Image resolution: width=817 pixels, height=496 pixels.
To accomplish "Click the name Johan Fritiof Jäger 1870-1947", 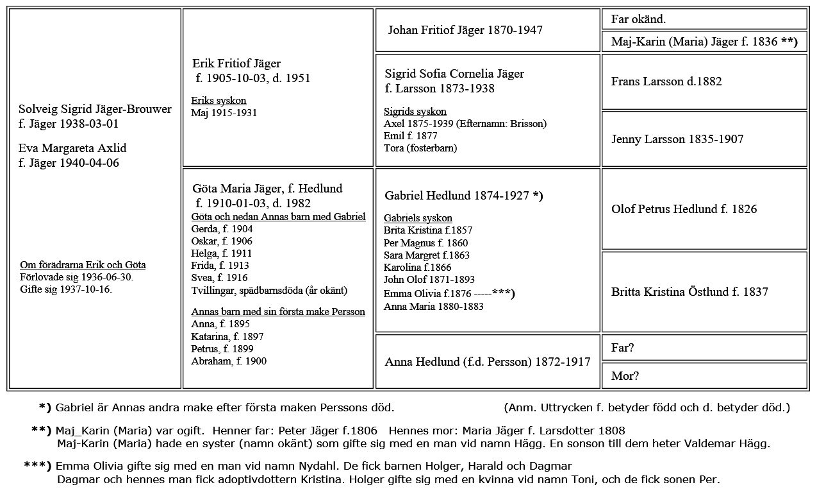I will point(465,30).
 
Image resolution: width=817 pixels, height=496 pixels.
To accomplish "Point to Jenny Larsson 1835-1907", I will point(677,139).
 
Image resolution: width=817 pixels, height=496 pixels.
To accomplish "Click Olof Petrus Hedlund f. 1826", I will point(684,209).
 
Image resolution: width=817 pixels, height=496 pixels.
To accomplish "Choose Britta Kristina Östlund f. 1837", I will point(689,292).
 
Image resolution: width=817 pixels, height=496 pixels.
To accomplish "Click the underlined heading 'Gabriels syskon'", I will point(418,218).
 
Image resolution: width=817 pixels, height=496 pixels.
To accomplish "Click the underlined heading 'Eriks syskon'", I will point(219,101).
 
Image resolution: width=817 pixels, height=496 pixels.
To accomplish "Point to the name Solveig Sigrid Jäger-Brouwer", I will point(95,109).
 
